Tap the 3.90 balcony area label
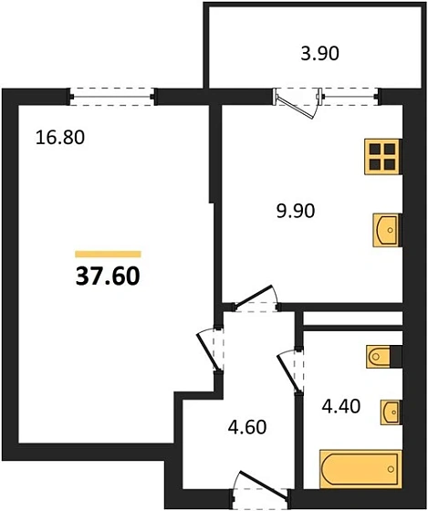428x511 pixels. [319, 54]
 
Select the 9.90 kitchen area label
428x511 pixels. [295, 214]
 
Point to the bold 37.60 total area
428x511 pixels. [108, 276]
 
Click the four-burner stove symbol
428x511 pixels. [382, 157]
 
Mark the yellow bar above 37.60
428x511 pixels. [108, 253]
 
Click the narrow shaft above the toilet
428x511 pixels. [351, 318]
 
